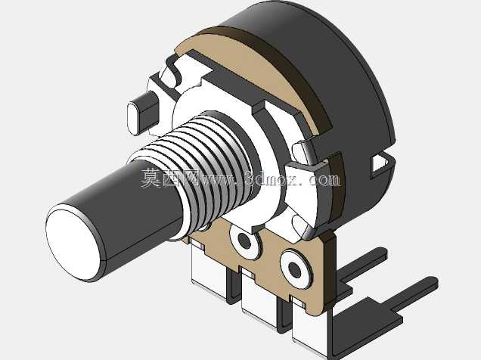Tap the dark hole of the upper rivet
click(244, 241)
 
